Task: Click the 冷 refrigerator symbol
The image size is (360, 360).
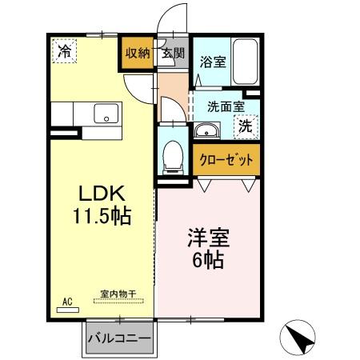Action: click(65, 51)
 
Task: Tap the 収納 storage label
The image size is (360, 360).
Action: click(137, 54)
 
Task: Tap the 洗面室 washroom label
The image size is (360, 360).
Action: click(226, 105)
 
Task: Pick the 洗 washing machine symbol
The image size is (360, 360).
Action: click(246, 125)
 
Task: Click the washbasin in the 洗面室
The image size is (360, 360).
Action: click(206, 131)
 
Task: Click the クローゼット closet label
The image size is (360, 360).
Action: click(226, 160)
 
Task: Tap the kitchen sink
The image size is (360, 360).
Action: click(104, 114)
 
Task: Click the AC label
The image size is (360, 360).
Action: click(67, 300)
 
